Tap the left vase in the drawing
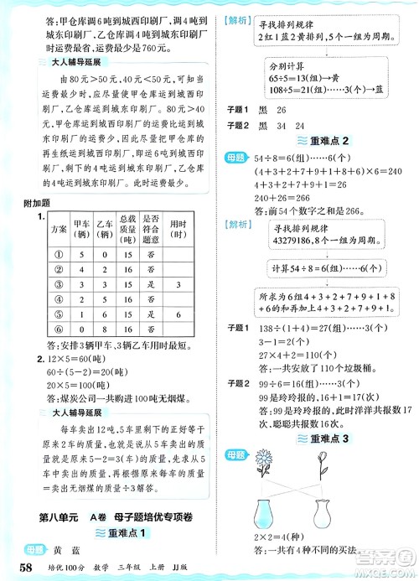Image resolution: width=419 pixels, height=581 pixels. (268, 511)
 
